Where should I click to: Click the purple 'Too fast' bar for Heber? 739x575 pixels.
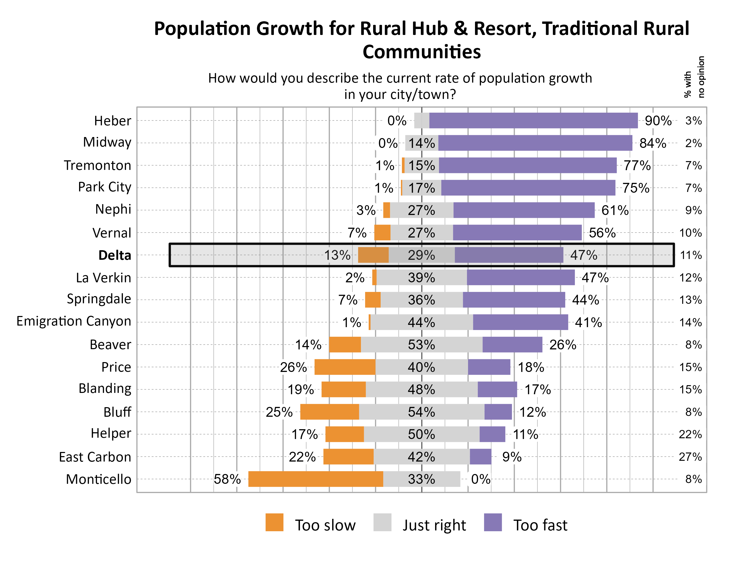tap(533, 121)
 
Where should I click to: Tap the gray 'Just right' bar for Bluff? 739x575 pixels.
tap(421, 412)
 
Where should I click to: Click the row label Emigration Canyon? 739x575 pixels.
tap(74, 321)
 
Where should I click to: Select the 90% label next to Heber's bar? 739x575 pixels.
tap(658, 121)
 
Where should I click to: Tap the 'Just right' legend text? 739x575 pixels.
tap(434, 525)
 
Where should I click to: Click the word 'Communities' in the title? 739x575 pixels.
tap(422, 52)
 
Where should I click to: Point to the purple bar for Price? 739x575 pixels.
tap(489, 367)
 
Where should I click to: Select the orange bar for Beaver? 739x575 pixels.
tap(345, 344)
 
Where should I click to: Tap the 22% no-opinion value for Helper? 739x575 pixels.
tap(690, 434)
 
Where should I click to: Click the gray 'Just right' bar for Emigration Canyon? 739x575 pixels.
tap(421, 322)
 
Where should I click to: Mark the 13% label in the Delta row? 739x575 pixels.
tap(337, 255)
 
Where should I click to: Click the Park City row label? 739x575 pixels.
tap(104, 187)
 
